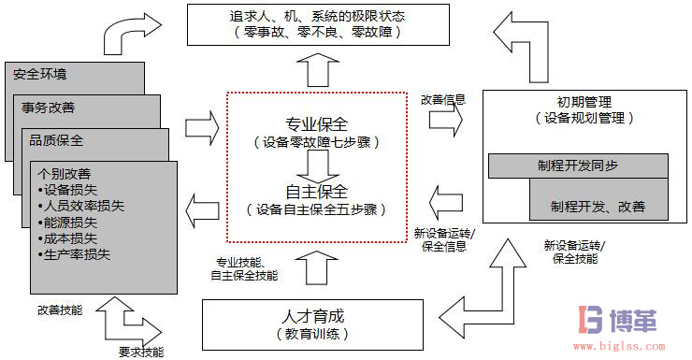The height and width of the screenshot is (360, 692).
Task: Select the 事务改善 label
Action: [49, 108]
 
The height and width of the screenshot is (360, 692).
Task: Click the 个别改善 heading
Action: [65, 173]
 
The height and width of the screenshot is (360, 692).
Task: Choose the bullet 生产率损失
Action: [78, 254]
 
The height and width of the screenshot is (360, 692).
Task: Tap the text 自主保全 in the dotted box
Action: [316, 193]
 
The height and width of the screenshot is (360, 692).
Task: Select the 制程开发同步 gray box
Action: [578, 166]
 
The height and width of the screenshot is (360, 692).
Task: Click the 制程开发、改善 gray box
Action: [598, 205]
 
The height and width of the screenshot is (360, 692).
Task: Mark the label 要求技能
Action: [140, 352]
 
